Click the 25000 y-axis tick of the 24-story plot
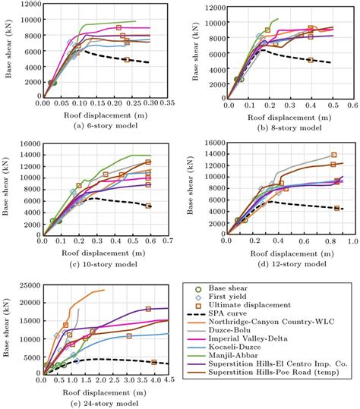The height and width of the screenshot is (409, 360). pos(30,286)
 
